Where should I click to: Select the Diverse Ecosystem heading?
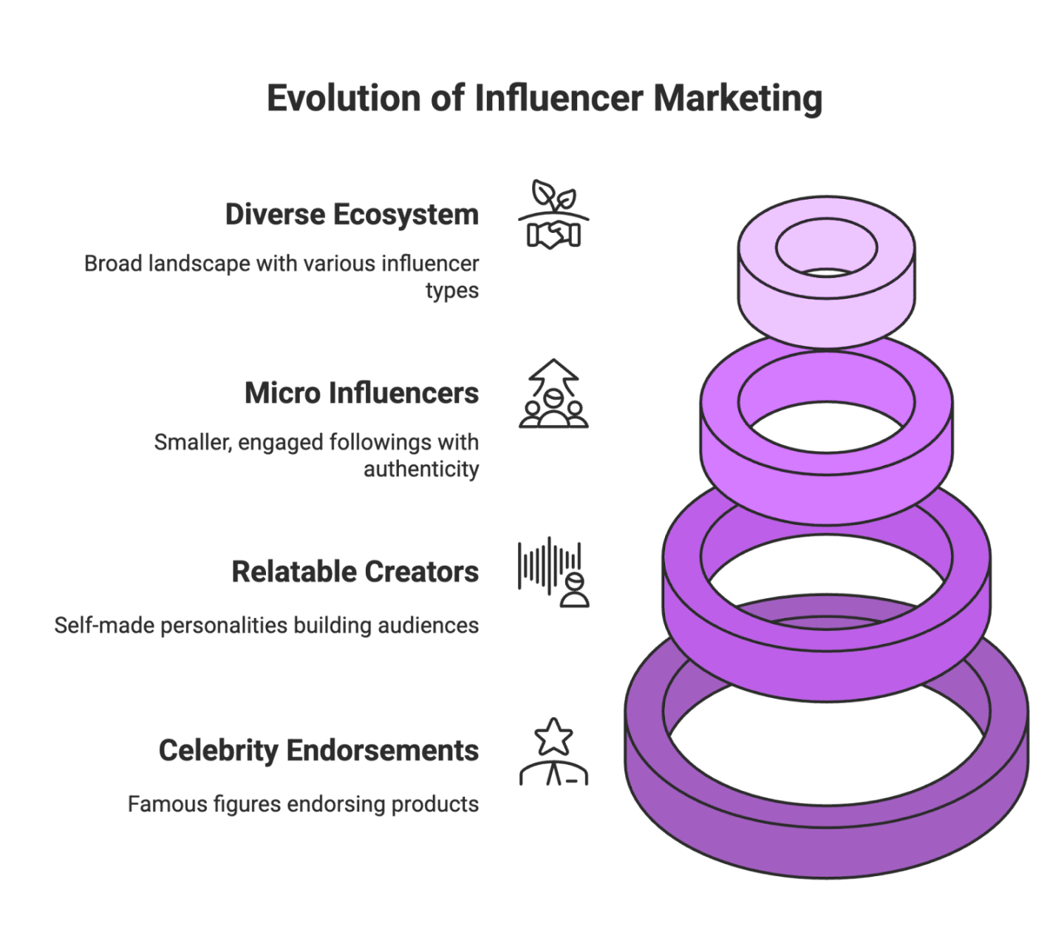[x=352, y=214]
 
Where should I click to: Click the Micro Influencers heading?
[x=361, y=393]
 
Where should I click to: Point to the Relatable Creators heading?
[x=355, y=571]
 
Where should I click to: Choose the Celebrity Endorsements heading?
[x=318, y=750]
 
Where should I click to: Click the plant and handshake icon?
[x=553, y=214]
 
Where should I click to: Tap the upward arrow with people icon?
[x=553, y=394]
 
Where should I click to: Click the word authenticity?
[x=421, y=469]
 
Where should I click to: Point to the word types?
[x=452, y=290]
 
